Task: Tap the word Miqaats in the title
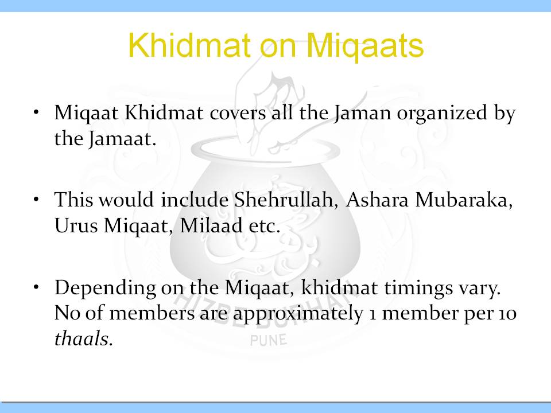(x=367, y=46)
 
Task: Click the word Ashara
(x=377, y=200)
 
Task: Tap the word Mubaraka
(x=464, y=200)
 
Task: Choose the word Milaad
(x=211, y=225)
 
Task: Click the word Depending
(x=105, y=289)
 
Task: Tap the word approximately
(x=298, y=314)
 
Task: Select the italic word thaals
(x=84, y=338)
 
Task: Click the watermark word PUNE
(x=269, y=340)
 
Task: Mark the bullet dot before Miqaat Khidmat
(x=36, y=113)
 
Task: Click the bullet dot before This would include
(x=36, y=199)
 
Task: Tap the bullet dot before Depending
(x=36, y=287)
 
